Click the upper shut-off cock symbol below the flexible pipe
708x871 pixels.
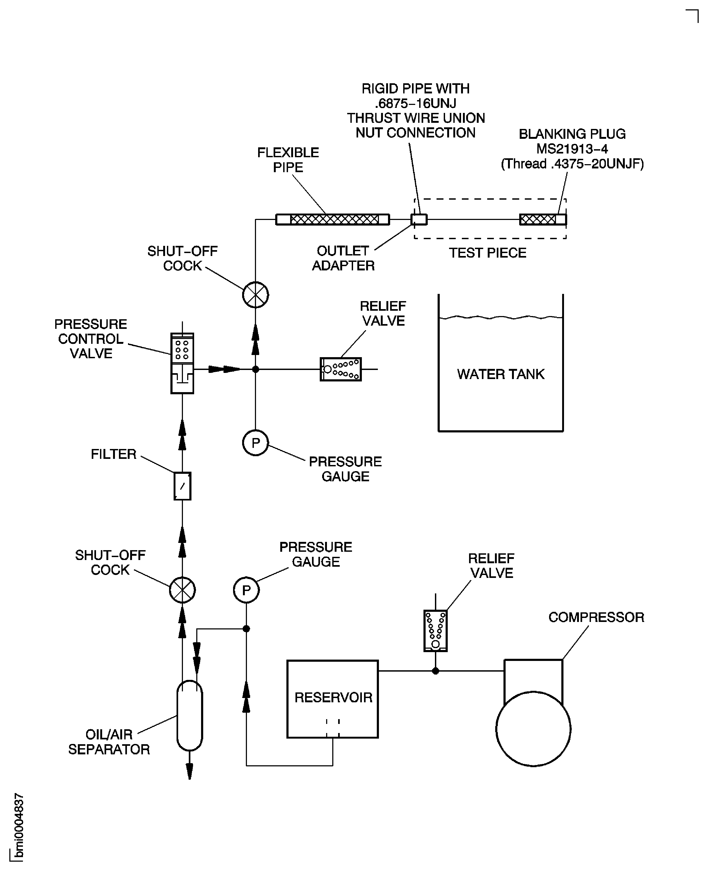[x=255, y=295]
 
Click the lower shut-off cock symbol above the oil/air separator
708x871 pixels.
[x=182, y=590]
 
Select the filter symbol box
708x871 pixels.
[x=182, y=486]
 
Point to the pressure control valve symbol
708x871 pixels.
[x=182, y=363]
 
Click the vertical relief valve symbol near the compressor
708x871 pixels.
[x=435, y=630]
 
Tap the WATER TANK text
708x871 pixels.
[x=501, y=374]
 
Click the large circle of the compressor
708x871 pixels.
[x=533, y=728]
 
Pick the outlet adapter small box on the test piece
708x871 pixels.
[x=419, y=220]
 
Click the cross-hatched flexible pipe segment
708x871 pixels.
[x=334, y=220]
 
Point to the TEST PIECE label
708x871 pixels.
[x=487, y=253]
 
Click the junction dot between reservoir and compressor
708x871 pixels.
[x=435, y=671]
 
